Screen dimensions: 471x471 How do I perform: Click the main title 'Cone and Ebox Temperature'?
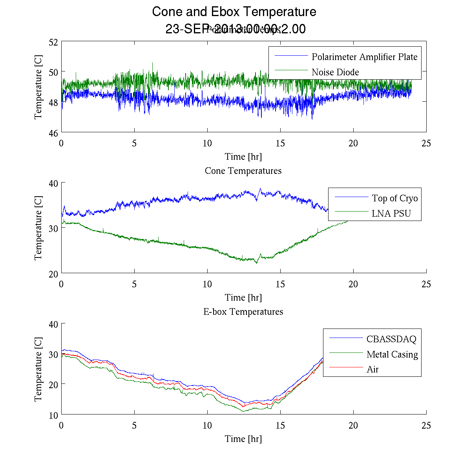(234, 12)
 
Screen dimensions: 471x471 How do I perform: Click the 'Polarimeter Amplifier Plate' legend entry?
(364, 57)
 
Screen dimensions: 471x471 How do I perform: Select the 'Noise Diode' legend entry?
(335, 72)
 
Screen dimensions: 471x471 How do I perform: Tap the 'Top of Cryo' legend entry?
(394, 198)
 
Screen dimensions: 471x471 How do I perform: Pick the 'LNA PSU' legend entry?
(391, 214)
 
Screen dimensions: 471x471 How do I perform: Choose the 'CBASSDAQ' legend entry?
(391, 339)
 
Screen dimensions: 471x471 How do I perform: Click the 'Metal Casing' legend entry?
(392, 354)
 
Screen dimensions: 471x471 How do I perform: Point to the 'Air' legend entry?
(372, 369)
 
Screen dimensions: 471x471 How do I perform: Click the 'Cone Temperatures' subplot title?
(243, 171)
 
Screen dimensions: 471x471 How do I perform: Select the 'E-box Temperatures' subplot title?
(243, 312)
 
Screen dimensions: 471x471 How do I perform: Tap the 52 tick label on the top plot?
(54, 42)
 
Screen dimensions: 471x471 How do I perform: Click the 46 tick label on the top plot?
(54, 133)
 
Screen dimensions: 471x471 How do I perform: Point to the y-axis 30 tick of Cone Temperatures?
(54, 228)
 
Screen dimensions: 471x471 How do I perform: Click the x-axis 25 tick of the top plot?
(426, 143)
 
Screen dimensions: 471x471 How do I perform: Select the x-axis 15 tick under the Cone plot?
(280, 284)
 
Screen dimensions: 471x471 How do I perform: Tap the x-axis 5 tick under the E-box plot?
(134, 425)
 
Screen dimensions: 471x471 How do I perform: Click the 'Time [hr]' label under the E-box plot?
(243, 439)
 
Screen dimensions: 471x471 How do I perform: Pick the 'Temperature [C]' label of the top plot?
(38, 87)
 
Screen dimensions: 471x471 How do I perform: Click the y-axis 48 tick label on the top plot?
(54, 102)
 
